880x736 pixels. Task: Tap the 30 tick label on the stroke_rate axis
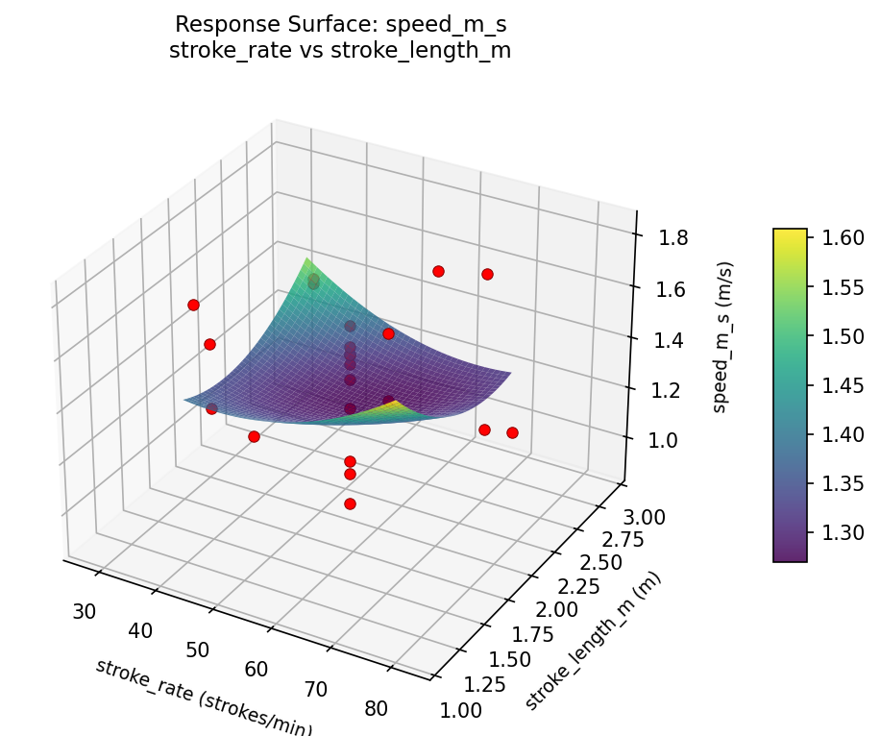point(86,610)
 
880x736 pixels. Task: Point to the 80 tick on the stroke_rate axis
point(377,708)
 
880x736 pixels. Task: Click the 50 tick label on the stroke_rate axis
point(198,649)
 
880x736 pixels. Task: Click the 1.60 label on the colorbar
point(842,237)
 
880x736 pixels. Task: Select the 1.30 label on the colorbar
point(842,531)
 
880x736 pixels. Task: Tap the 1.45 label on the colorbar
point(842,384)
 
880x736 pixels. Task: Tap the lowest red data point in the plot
point(350,503)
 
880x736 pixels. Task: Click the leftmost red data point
point(193,305)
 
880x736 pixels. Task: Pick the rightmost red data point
point(512,432)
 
